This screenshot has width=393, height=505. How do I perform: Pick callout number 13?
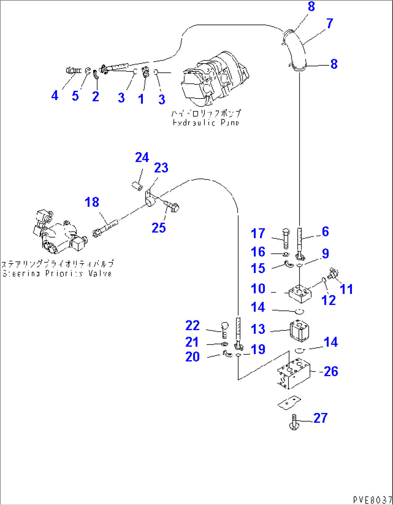point(258,329)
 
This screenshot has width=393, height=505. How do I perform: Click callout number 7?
point(330,24)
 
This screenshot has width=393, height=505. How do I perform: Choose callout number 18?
point(92,202)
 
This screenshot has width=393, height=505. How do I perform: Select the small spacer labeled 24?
point(137,186)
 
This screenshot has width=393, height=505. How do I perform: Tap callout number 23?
point(161,168)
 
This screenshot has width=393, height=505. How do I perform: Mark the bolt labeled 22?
point(224,329)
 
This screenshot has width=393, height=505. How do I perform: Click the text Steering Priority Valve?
point(58,273)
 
